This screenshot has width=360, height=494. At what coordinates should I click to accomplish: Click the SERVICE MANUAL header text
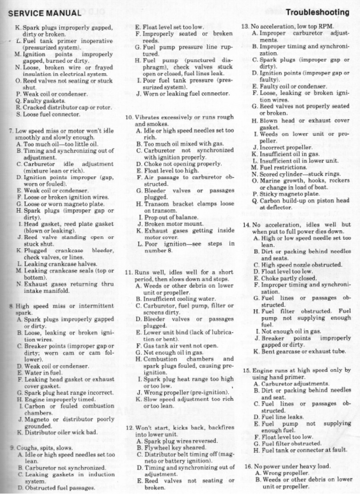click(x=45, y=13)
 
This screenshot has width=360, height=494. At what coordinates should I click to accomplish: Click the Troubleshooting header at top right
click(x=317, y=12)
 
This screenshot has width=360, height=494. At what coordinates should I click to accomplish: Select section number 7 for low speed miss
click(x=11, y=131)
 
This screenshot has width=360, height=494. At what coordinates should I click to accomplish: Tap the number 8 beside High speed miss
click(x=11, y=306)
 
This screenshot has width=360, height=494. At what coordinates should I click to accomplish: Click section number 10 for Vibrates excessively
click(x=128, y=117)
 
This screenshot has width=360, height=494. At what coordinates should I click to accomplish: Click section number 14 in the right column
click(x=245, y=224)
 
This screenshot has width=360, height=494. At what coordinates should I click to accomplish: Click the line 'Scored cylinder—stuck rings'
click(x=299, y=174)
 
